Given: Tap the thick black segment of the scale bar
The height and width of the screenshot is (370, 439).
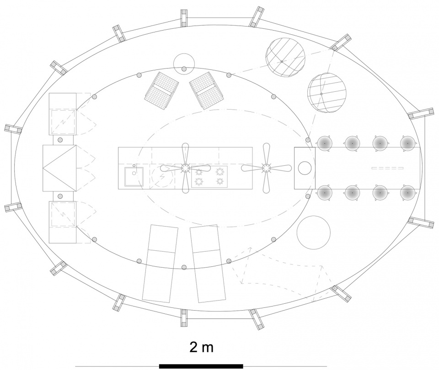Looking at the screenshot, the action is click(201, 366).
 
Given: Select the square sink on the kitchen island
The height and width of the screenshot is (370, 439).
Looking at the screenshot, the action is click(134, 176).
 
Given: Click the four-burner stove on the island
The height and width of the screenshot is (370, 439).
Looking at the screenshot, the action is click(209, 177).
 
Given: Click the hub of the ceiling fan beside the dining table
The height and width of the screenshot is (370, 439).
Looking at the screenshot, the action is click(266, 168).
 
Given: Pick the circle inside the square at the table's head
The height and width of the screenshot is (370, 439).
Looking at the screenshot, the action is click(305, 168).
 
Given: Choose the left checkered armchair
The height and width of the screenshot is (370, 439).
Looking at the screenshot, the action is click(162, 90).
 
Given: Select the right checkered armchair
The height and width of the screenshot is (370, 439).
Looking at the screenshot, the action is click(207, 90).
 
